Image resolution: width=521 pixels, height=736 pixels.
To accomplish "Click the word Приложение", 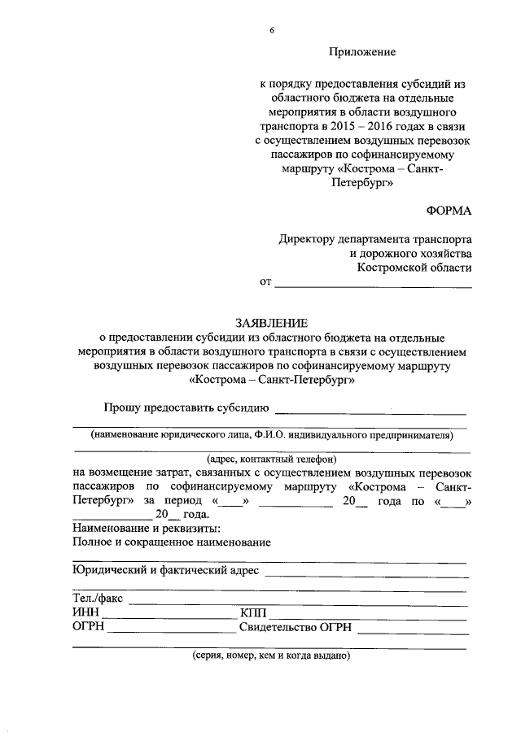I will click(x=362, y=52).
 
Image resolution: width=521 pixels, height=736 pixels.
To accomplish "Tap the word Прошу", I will click(x=121, y=407).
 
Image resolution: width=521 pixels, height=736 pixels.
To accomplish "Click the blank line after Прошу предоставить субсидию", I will click(x=370, y=412).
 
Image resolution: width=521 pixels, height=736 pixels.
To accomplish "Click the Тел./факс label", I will click(x=97, y=599).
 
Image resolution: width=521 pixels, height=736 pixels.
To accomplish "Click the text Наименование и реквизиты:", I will click(x=141, y=528).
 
